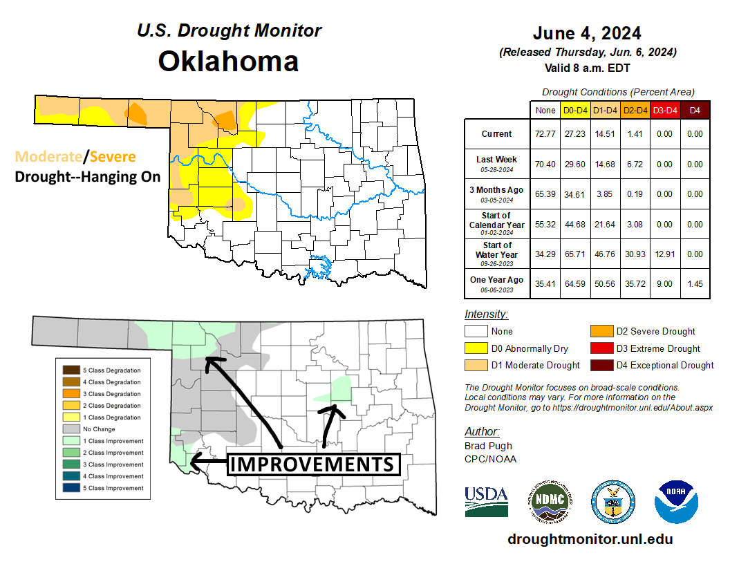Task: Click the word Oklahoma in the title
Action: click(x=228, y=61)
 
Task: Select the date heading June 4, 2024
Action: click(x=587, y=33)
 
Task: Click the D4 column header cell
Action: click(x=695, y=110)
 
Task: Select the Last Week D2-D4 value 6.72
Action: click(x=634, y=164)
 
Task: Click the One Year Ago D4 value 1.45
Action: click(x=695, y=284)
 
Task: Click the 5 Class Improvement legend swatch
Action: click(x=71, y=488)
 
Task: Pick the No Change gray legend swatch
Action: click(x=71, y=429)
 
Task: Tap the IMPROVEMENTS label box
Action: click(x=314, y=464)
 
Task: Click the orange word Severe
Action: click(x=113, y=157)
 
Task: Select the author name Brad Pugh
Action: click(x=487, y=446)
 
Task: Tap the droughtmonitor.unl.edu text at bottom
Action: click(x=590, y=539)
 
